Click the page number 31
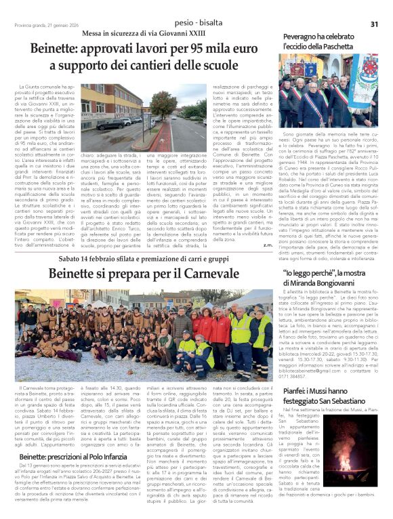373,24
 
